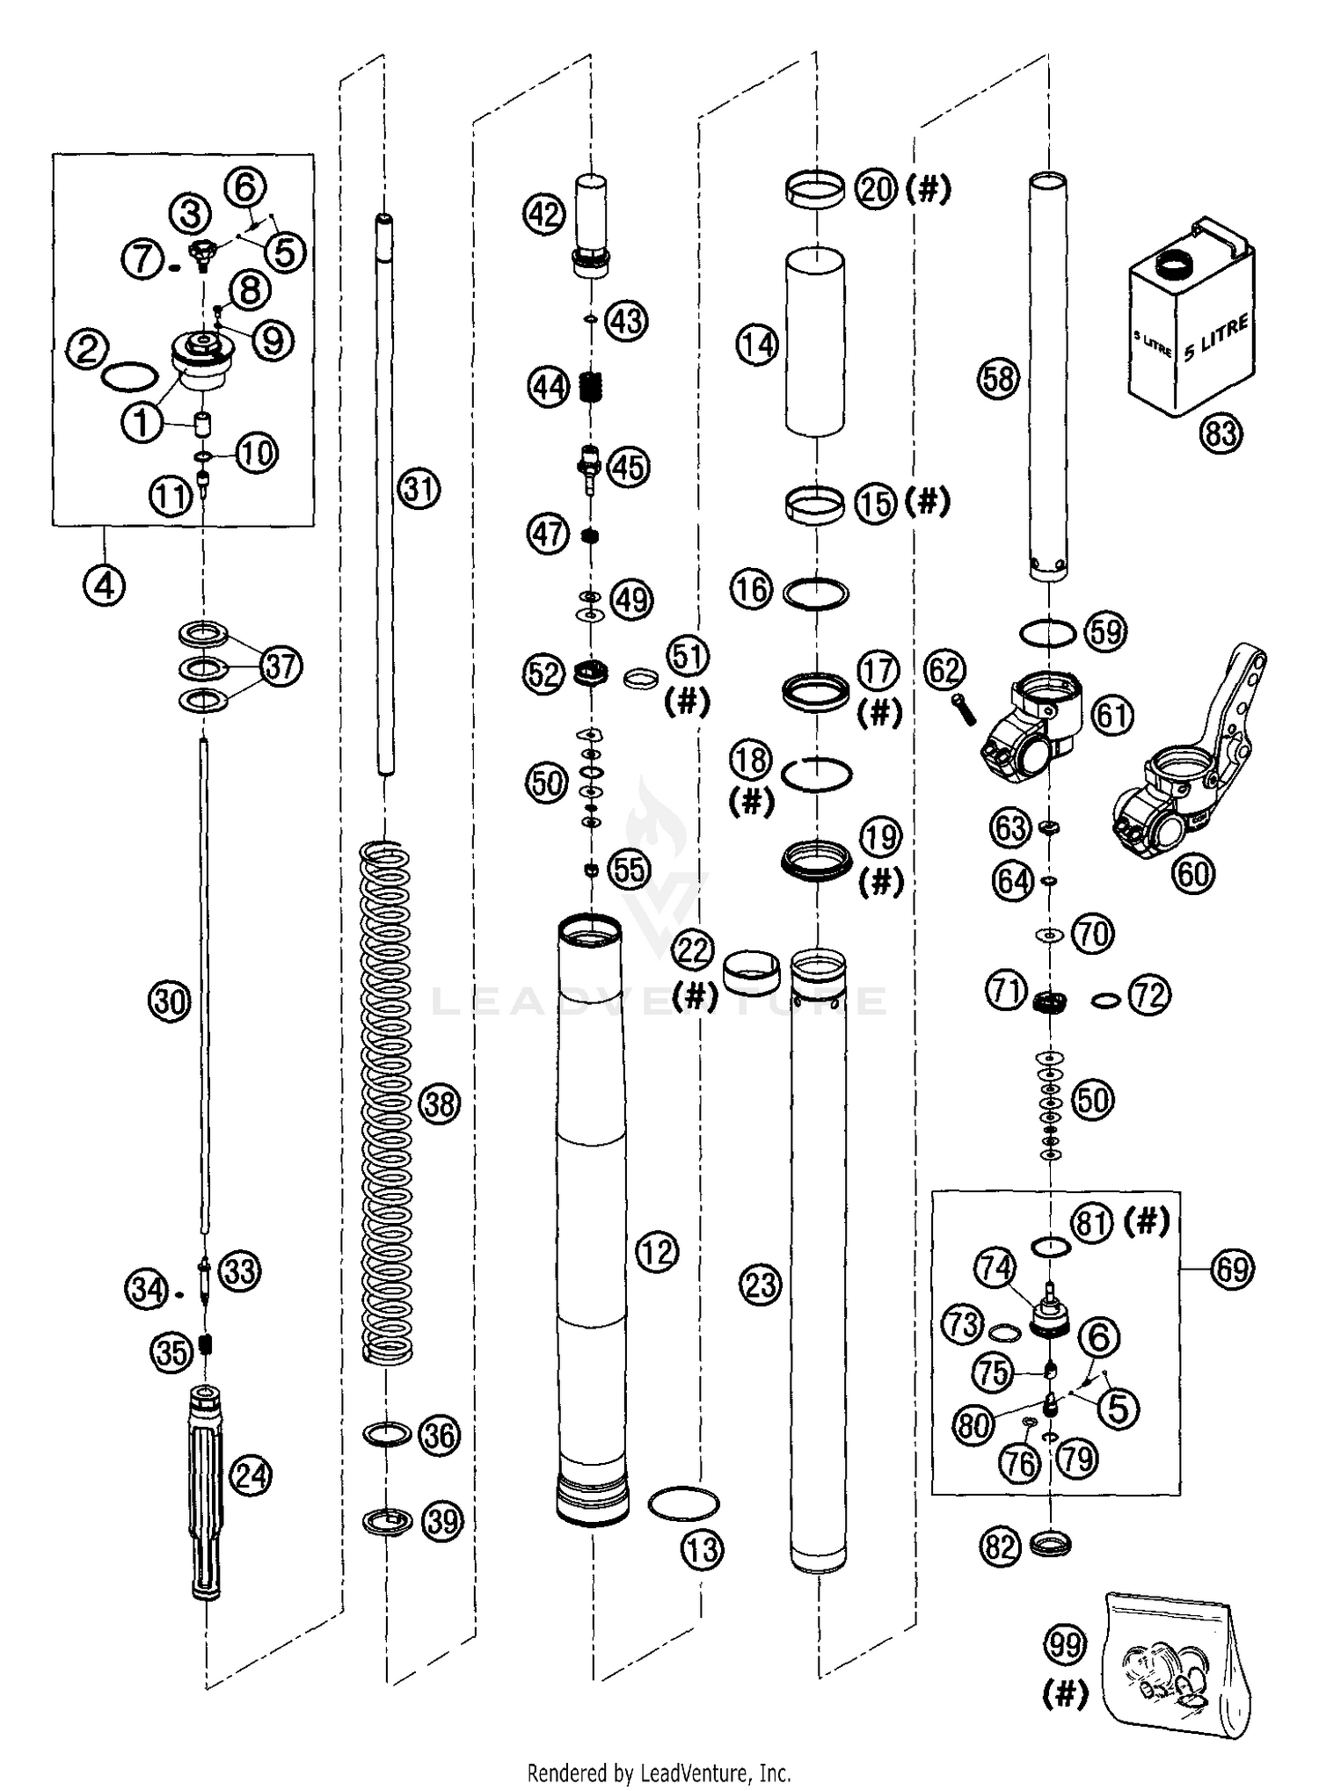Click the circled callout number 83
tap(1221, 434)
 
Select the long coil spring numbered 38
tap(387, 1103)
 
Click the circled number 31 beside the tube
tap(419, 489)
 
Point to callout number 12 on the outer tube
tap(657, 1252)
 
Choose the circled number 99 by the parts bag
tap(1065, 1644)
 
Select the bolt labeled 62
tap(963, 708)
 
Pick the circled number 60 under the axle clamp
tap(1193, 874)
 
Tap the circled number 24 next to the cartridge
tap(250, 1474)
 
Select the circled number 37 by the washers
tap(281, 666)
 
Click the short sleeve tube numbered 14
tap(815, 341)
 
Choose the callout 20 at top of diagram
tap(876, 189)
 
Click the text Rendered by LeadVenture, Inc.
tap(659, 1771)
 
